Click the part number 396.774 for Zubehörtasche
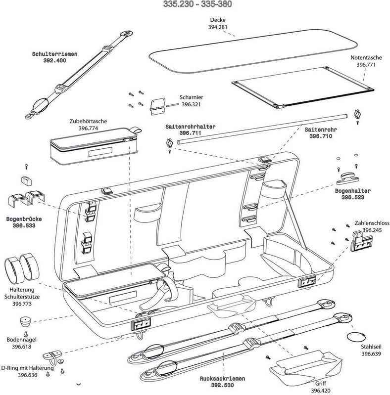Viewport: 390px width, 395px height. click(89, 128)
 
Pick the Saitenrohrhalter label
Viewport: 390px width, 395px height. click(191, 127)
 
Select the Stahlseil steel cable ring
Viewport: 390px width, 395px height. click(354, 337)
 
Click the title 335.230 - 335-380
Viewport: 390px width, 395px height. click(195, 5)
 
